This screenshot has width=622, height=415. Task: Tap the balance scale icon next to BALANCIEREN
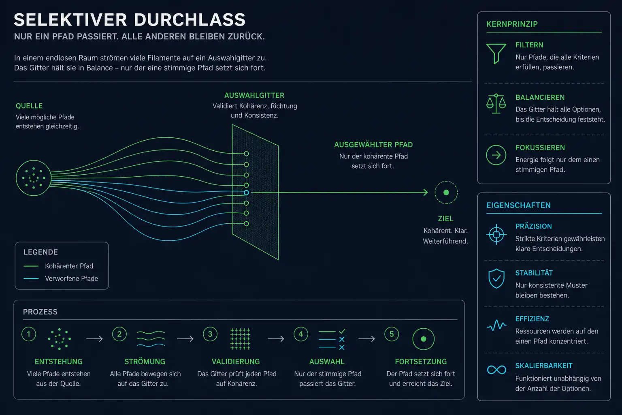496,104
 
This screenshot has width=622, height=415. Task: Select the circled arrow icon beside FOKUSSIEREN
496,155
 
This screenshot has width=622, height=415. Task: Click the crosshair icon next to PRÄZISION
496,235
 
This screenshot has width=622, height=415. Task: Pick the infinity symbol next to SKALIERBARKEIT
496,370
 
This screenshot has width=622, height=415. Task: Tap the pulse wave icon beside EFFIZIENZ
496,325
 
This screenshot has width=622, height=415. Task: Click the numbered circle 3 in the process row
210,334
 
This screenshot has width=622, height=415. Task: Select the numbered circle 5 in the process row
392,334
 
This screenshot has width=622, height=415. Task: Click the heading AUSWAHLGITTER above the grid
254,95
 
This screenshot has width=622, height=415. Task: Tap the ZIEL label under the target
446,219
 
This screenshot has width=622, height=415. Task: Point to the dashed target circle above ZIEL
446,181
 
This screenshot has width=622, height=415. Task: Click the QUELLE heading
29,106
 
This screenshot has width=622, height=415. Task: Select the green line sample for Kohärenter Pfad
31,266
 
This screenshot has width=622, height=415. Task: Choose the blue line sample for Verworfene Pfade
31,278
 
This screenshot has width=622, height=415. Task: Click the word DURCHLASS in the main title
190,20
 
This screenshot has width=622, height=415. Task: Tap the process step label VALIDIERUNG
236,362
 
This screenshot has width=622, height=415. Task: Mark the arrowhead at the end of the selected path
426,193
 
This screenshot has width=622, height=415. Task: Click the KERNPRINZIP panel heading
512,24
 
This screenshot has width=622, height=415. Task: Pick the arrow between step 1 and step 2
94,339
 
